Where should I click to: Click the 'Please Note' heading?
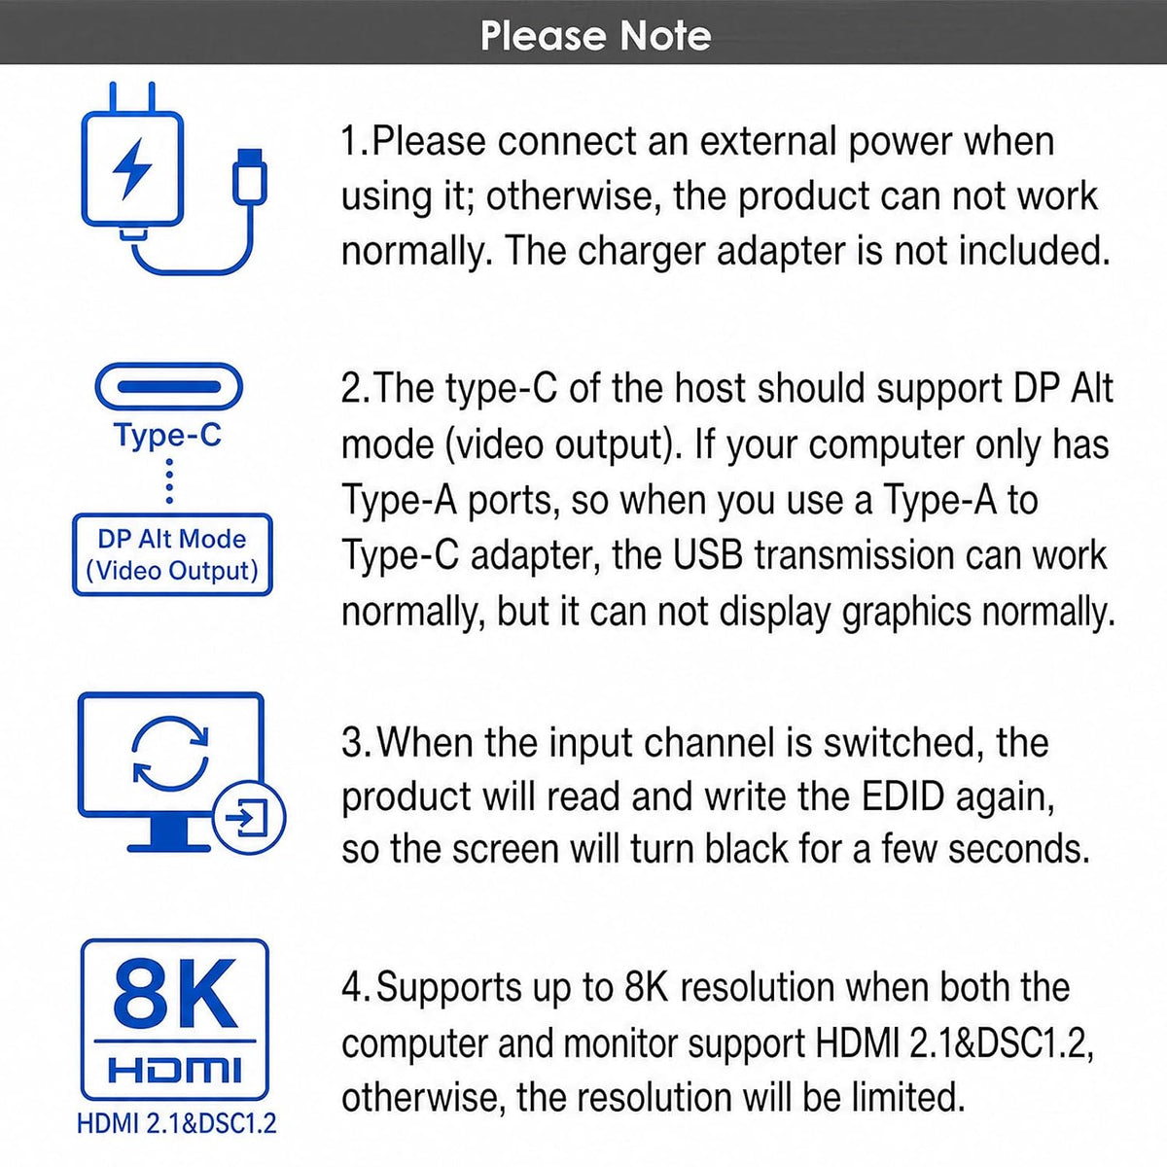click(x=595, y=36)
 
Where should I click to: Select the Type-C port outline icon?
click(x=169, y=387)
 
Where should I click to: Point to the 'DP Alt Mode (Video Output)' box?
click(x=172, y=554)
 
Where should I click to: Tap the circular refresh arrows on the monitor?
click(x=170, y=754)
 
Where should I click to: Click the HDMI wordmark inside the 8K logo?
click(x=174, y=1069)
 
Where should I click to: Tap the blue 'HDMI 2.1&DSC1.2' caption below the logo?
click(x=176, y=1124)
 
